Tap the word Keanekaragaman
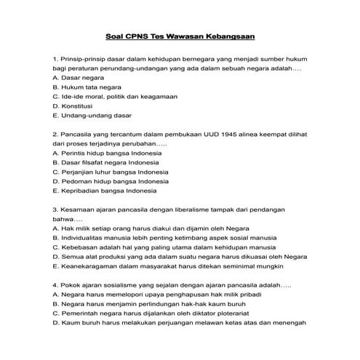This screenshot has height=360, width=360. pyautogui.click(x=90, y=266)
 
